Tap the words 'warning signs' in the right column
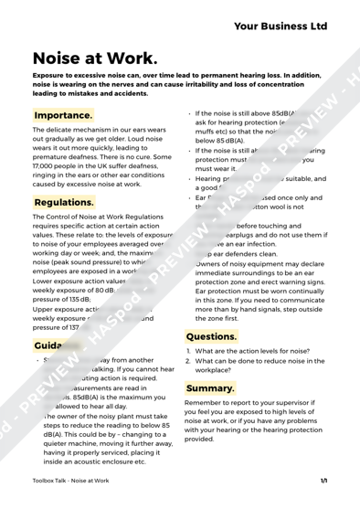coord(288,281)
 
